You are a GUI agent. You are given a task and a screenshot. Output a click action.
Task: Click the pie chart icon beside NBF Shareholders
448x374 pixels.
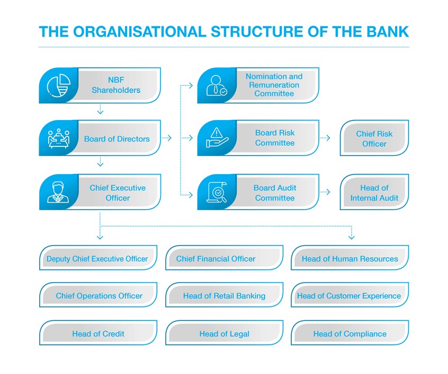click(59, 85)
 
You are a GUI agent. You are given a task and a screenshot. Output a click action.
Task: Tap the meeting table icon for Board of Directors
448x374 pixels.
click(59, 138)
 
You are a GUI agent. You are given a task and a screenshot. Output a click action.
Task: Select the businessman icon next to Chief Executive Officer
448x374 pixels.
click(58, 192)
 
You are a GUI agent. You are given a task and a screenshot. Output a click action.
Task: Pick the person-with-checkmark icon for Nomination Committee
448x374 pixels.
click(217, 85)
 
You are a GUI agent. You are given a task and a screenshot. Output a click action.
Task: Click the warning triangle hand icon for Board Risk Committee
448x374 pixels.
click(217, 137)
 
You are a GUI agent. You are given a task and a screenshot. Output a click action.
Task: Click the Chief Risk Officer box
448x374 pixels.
click(374, 138)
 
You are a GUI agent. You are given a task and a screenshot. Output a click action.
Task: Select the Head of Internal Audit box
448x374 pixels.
click(374, 192)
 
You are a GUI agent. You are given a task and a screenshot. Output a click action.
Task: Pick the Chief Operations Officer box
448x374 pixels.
click(98, 295)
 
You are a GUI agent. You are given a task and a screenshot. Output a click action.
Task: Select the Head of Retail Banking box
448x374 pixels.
click(225, 295)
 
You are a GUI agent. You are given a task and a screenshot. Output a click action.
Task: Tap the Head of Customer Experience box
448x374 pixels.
click(350, 295)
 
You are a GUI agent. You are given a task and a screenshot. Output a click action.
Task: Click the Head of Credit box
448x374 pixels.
click(98, 333)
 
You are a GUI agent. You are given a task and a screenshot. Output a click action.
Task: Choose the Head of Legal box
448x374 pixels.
click(225, 333)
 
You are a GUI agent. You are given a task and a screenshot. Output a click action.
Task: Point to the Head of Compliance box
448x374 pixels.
click(350, 333)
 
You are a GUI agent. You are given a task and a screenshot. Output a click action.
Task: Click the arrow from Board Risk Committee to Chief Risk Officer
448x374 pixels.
click(325, 138)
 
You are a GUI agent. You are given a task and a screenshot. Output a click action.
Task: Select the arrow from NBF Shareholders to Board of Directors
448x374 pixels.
click(100, 109)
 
